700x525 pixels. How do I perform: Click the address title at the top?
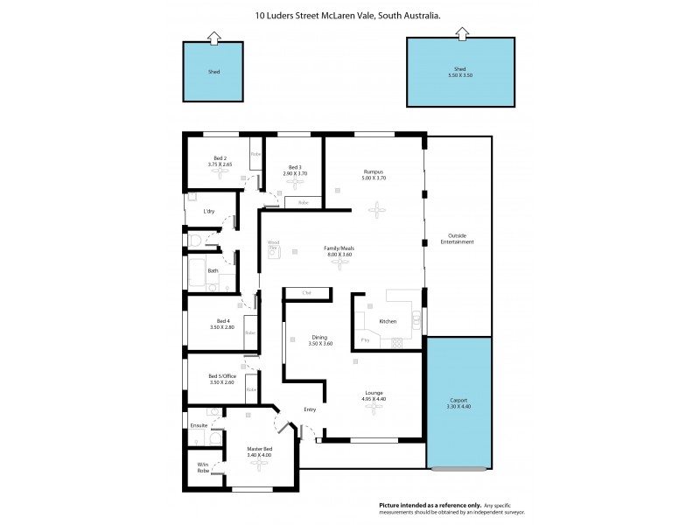pyautogui.click(x=347, y=15)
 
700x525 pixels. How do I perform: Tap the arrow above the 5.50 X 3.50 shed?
pyautogui.click(x=460, y=33)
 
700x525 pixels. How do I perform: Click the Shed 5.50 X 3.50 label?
pyautogui.click(x=459, y=73)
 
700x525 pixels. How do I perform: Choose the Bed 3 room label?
pyautogui.click(x=296, y=170)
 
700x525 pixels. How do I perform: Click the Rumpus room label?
pyautogui.click(x=374, y=174)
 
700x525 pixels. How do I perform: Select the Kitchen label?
pyautogui.click(x=388, y=321)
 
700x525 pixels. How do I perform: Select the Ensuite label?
pyautogui.click(x=199, y=425)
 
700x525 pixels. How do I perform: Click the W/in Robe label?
pyautogui.click(x=202, y=467)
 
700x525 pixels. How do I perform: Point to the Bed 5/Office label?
pyautogui.click(x=222, y=378)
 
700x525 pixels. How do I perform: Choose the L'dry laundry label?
pyautogui.click(x=209, y=212)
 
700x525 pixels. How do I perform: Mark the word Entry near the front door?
pyautogui.click(x=310, y=409)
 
